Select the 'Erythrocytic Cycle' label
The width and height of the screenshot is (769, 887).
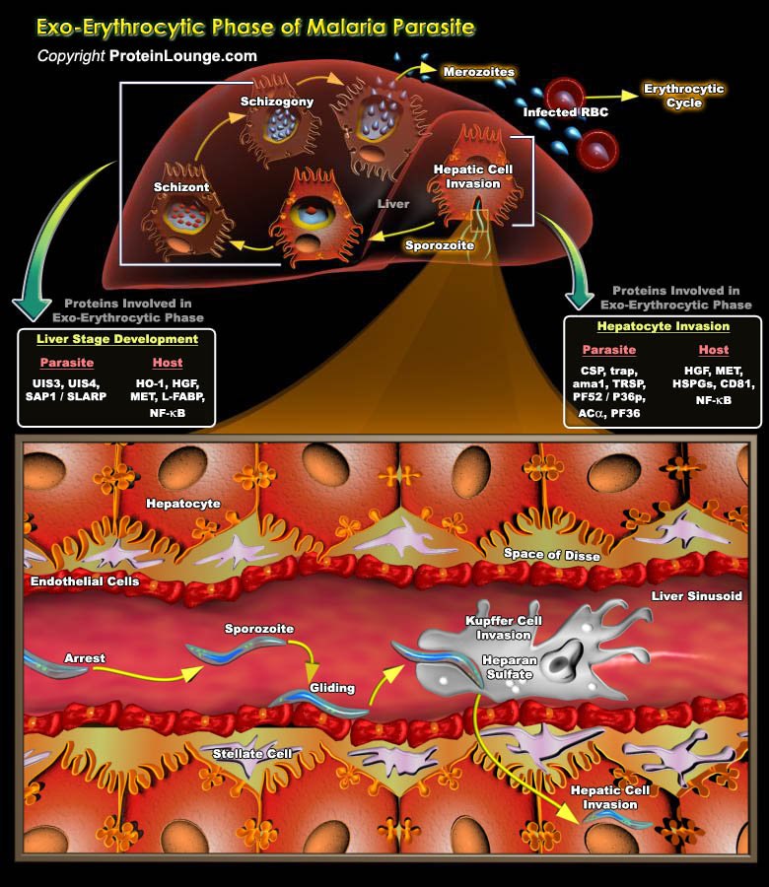point(683,96)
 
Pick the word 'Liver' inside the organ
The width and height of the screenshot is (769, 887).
point(393,204)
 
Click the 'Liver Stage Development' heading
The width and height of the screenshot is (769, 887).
point(117,339)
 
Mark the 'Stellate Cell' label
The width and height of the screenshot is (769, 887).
point(252,754)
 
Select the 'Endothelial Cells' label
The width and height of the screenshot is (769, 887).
point(84,581)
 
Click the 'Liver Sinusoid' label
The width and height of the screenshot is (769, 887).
point(701,597)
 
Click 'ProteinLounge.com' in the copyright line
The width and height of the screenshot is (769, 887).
point(182,56)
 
